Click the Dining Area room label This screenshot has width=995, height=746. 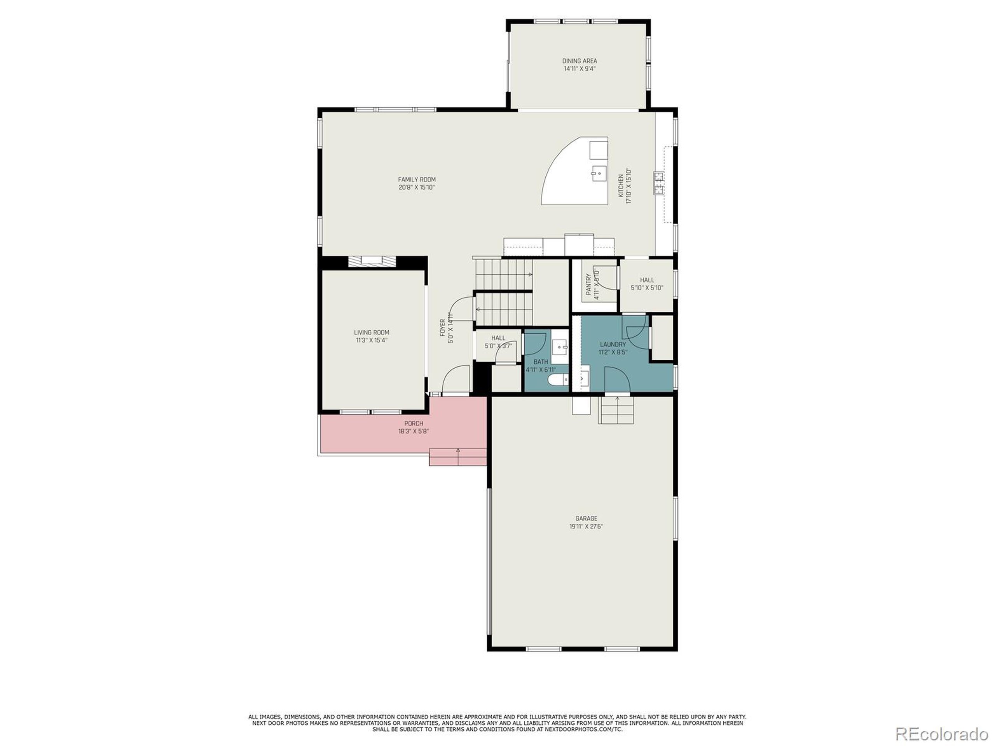click(x=580, y=61)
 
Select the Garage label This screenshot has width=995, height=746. click(x=586, y=518)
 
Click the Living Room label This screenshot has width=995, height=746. click(x=372, y=333)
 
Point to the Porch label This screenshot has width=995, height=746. click(x=414, y=424)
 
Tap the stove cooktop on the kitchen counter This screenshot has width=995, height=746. click(x=659, y=183)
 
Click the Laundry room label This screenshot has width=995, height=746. click(x=613, y=345)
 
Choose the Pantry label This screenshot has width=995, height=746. click(x=588, y=284)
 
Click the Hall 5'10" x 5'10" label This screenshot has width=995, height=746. click(x=647, y=280)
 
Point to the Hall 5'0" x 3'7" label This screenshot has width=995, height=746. click(x=498, y=338)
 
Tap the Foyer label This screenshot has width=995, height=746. click(x=443, y=328)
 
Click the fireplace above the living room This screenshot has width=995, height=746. click(x=372, y=262)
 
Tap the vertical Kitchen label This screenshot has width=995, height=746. click(x=621, y=186)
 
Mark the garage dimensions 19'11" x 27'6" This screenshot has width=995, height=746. click(x=586, y=526)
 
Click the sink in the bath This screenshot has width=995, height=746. click(x=560, y=347)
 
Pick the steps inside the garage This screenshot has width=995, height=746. click(x=616, y=411)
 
